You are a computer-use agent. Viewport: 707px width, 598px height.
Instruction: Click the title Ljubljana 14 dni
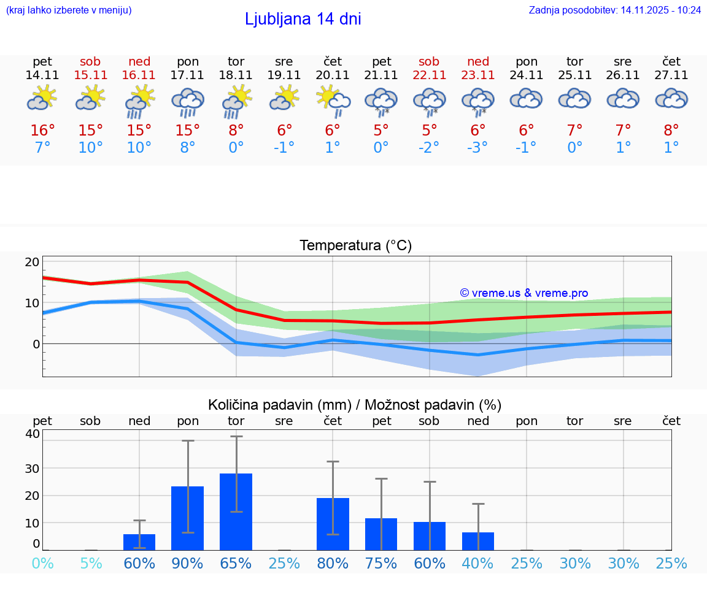pos(303,19)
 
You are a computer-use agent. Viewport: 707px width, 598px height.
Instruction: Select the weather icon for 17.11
pos(188,102)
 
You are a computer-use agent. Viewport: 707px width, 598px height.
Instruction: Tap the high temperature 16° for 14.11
pos(42,131)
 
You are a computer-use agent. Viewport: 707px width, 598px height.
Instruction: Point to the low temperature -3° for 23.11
pos(477,148)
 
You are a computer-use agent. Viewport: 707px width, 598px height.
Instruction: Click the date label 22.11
pos(429,75)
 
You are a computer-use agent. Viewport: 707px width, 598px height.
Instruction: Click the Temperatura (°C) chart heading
pos(355,245)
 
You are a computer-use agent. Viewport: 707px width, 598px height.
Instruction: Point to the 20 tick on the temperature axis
pos(32,262)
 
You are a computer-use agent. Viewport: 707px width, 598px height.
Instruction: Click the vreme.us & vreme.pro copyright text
pos(523,293)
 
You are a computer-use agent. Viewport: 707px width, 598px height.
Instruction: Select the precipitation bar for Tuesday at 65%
pos(236,512)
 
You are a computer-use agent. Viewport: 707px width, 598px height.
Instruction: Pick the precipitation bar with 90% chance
pos(188,518)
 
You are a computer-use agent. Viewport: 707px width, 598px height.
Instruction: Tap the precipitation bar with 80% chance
pos(333,524)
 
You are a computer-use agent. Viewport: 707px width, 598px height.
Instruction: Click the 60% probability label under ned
pos(139,564)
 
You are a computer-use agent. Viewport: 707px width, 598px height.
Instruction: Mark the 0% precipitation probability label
pos(42,564)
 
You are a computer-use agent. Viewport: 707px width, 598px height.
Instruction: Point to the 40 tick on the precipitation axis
pos(32,434)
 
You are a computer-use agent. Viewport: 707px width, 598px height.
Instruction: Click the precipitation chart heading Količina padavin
pos(355,405)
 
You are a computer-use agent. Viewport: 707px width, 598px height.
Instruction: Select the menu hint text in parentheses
pos(69,10)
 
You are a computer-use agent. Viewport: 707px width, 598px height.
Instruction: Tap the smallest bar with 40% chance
pos(478,541)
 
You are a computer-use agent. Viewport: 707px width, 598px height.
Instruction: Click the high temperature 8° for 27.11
pos(671,131)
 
